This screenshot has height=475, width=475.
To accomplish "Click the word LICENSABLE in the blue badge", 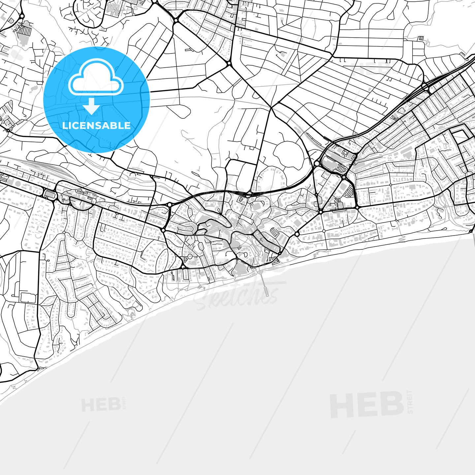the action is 96,126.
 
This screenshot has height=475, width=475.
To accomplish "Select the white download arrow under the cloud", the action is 91,107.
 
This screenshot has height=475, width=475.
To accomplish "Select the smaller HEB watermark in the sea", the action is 101,405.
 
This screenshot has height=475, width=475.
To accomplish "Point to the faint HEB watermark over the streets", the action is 371,69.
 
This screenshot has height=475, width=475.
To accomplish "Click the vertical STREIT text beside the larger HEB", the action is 410,402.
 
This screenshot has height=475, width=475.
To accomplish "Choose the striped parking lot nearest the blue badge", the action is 24,31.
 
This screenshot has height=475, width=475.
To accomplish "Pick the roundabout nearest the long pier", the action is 280,253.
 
